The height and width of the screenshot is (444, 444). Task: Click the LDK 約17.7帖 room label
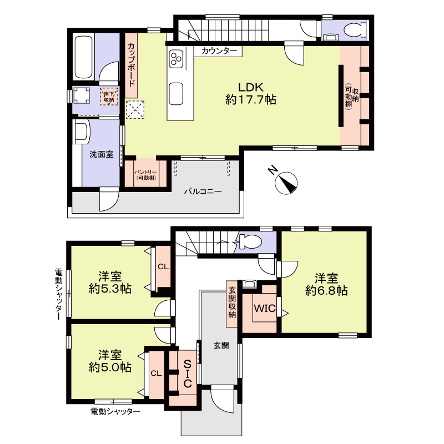tap(251, 94)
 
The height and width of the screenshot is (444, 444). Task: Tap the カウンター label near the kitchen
tap(219, 51)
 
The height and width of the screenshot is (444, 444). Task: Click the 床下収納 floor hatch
tap(109, 97)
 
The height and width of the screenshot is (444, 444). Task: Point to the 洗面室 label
tap(102, 154)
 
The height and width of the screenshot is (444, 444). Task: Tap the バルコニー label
tap(203, 191)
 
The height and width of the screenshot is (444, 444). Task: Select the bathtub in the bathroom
tap(83, 58)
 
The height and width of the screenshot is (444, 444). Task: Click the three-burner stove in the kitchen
tap(177, 58)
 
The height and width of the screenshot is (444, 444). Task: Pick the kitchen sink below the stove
tap(177, 92)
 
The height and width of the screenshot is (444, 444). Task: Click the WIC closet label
tap(264, 309)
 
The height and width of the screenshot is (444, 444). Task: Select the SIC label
tap(188, 373)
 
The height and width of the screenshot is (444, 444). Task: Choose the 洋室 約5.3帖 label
tap(110, 282)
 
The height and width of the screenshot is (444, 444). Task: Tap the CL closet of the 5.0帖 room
tap(156, 374)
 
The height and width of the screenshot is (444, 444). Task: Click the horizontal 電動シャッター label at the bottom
tap(115, 411)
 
